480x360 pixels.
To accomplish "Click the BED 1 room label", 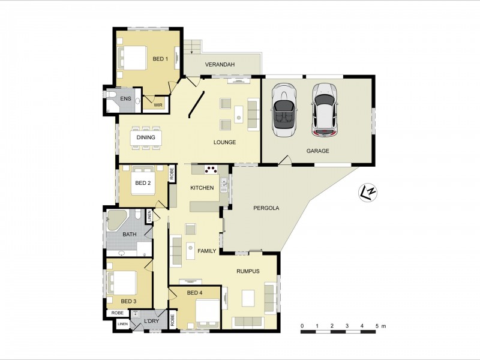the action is click(160, 58).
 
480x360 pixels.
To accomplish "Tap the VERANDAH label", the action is click(220, 65).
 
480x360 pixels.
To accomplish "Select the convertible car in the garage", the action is click(283, 110).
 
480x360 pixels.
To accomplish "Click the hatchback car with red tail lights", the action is click(325, 110).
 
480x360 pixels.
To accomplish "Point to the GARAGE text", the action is click(318, 151).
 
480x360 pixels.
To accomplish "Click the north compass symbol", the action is click(368, 193).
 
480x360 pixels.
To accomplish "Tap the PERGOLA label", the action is click(266, 208).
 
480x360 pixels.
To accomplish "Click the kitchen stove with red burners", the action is click(211, 169).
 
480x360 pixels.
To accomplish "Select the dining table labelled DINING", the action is click(146, 138).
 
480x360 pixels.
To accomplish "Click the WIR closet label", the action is click(158, 105).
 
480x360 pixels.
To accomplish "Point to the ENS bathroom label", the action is click(125, 98).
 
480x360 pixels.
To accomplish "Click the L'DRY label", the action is click(152, 321).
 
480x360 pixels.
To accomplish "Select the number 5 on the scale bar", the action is click(377, 326).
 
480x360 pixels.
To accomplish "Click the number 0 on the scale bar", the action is click(302, 326).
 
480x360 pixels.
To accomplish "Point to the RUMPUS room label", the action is click(248, 271).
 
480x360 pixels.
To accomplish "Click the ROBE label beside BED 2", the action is click(172, 174).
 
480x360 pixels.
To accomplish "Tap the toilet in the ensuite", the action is click(112, 94).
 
